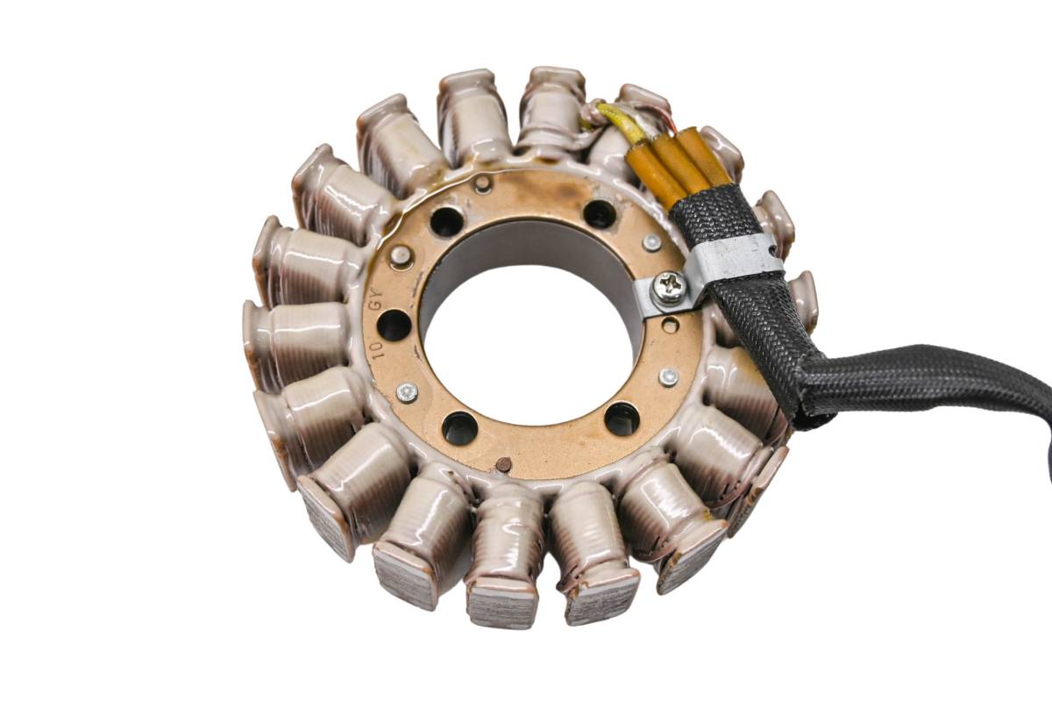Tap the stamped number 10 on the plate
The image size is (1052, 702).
[377, 351]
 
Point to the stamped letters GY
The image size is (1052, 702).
[376, 299]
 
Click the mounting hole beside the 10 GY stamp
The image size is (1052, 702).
[394, 325]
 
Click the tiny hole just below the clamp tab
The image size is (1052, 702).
[670, 324]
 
